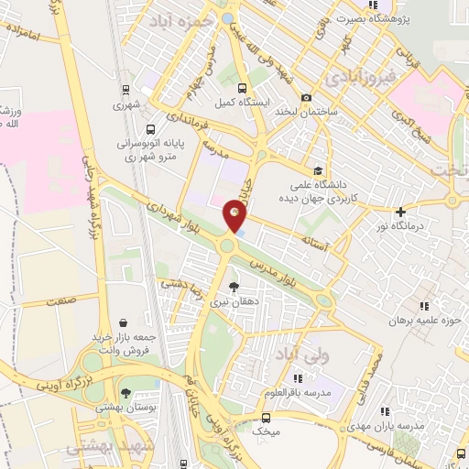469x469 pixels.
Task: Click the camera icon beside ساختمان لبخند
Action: pyautogui.click(x=306, y=98)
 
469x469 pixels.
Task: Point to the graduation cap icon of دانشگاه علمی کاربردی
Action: pyautogui.click(x=318, y=170)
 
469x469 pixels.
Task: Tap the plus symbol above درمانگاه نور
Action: pyautogui.click(x=400, y=212)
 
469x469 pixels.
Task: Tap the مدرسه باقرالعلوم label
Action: pyautogui.click(x=305, y=393)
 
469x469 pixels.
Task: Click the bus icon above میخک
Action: pyautogui.click(x=265, y=417)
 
